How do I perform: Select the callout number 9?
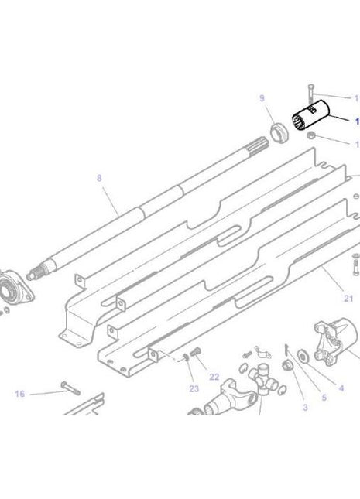point(262,98)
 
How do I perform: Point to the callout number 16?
point(19,394)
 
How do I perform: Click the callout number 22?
point(214,377)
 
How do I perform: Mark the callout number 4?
point(341,388)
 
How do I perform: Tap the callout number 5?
point(324,398)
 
